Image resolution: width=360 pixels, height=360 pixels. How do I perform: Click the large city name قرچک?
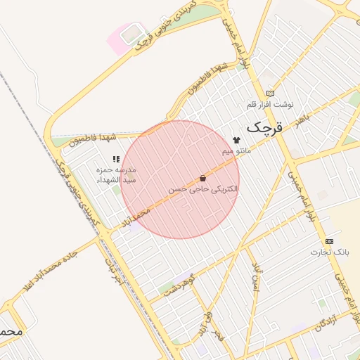tap(264, 128)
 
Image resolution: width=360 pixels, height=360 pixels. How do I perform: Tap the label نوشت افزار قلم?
tap(269, 105)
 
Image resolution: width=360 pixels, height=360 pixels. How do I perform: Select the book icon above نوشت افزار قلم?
tap(270, 94)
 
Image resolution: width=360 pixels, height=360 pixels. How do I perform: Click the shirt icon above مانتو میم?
tap(236, 141)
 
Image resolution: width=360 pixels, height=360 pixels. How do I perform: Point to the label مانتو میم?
tap(236, 151)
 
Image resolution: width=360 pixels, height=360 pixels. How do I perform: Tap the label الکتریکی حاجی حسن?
tap(203, 190)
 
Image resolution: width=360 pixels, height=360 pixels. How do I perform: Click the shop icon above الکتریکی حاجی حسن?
tap(203, 179)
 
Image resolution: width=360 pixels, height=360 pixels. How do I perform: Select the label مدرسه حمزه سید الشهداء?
tap(116, 174)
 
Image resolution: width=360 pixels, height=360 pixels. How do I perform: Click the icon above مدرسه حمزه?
tap(116, 160)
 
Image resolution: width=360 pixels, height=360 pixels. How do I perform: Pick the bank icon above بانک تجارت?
tap(330, 241)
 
